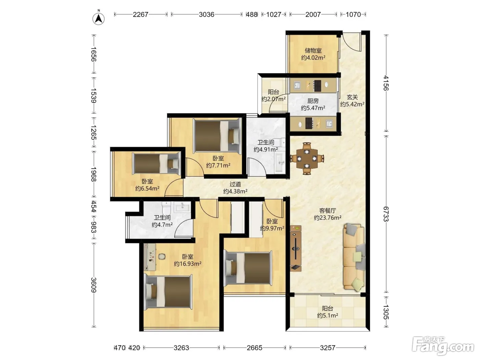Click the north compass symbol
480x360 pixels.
click(x=98, y=19)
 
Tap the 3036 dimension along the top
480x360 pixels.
click(x=206, y=14)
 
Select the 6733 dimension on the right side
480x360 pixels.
click(x=386, y=214)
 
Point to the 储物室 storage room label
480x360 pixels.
click(x=313, y=50)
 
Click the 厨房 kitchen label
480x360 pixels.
click(x=313, y=101)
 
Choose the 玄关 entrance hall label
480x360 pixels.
click(x=352, y=97)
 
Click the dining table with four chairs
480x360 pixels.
click(x=307, y=158)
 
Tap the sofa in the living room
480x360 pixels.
click(x=354, y=257)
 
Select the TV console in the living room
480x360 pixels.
click(x=296, y=249)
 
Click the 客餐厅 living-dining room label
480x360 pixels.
click(x=327, y=211)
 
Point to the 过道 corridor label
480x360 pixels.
click(x=235, y=184)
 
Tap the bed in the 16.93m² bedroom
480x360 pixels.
click(x=168, y=292)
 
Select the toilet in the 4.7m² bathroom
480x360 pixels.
click(x=166, y=208)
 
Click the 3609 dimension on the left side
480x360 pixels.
click(x=94, y=285)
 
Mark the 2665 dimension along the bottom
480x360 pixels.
click(x=254, y=348)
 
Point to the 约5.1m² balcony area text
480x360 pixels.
click(x=327, y=315)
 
